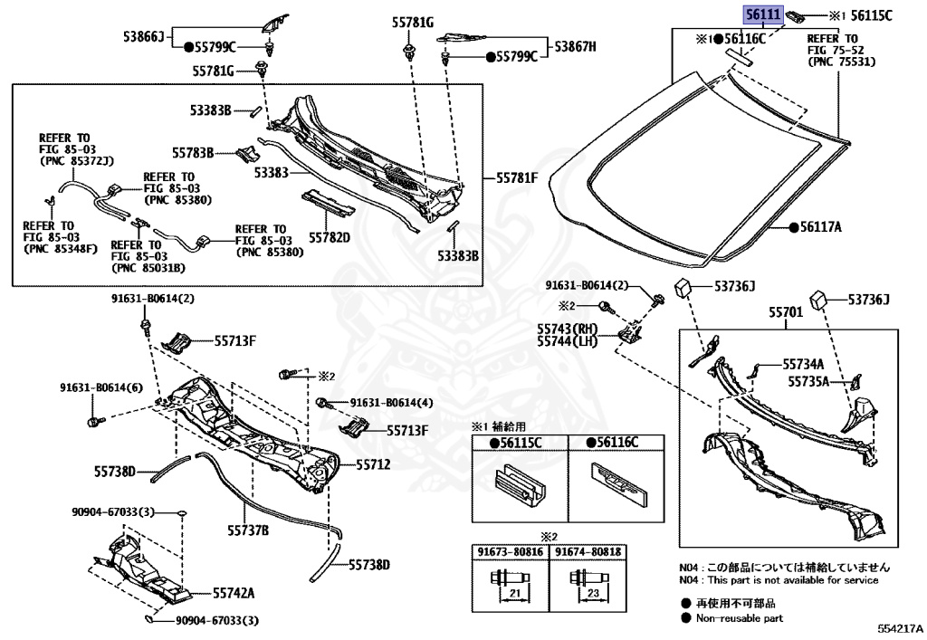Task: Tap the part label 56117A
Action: coord(821,227)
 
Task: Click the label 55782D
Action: coord(329,237)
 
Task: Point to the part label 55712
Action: coord(373,464)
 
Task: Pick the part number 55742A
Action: coord(234,594)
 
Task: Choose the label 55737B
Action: coord(248,530)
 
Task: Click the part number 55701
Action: coord(786,312)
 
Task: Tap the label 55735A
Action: coord(808,382)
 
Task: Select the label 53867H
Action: coord(576,46)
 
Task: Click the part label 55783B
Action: coord(193,153)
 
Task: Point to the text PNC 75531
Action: coord(835,63)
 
